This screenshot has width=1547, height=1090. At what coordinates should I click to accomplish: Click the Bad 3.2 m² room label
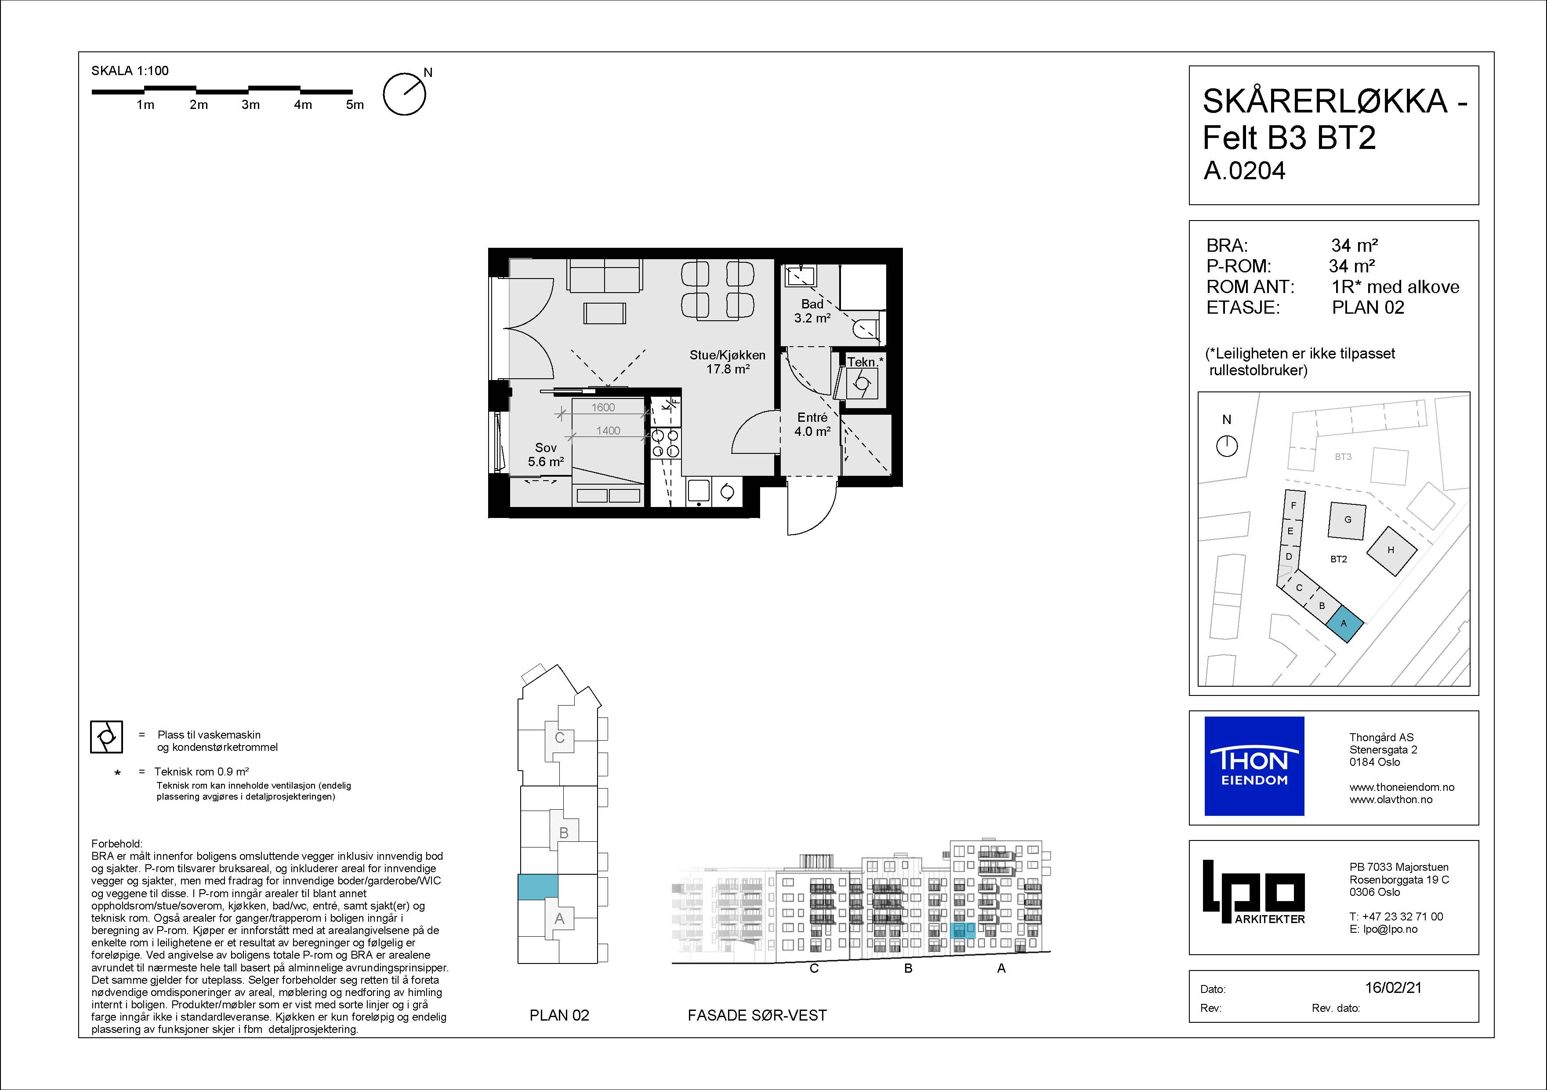click(x=812, y=311)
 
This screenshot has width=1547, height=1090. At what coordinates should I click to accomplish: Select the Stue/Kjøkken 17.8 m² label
click(x=728, y=362)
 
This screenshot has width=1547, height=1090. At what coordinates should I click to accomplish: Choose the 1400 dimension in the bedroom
click(x=608, y=431)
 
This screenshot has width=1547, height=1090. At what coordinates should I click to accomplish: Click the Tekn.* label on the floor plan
click(x=865, y=362)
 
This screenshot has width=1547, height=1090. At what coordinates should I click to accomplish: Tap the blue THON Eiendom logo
click(x=1254, y=766)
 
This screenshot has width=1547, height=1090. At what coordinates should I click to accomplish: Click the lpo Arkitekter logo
click(x=1254, y=892)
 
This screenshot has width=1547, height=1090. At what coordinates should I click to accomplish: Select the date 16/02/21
click(x=1393, y=988)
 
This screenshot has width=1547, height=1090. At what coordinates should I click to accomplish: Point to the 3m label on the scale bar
click(x=250, y=105)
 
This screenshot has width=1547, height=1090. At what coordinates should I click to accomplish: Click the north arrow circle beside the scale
click(x=405, y=94)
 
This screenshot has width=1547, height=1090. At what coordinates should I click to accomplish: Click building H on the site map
click(x=1391, y=550)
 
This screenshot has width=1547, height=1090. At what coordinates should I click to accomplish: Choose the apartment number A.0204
click(x=1244, y=171)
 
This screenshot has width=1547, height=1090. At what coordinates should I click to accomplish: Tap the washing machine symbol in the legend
click(x=106, y=737)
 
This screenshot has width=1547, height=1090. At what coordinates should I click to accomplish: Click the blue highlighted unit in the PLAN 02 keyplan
click(x=538, y=886)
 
